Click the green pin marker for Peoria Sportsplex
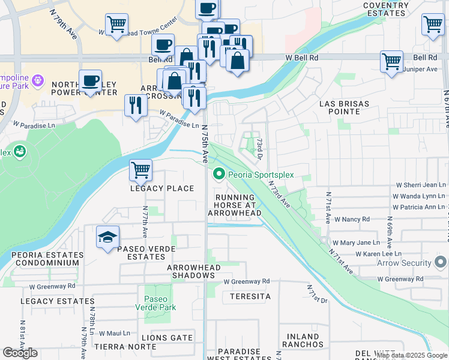(219, 175)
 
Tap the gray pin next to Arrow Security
(441, 263)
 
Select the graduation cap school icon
(107, 238)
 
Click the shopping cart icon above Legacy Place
(140, 170)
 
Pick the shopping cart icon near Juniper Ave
(391, 61)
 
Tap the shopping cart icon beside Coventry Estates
(433, 25)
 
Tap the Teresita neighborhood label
(246, 296)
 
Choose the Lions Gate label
(172, 338)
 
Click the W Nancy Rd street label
(352, 220)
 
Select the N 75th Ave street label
(205, 145)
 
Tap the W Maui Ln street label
(115, 333)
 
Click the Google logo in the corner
(20, 353)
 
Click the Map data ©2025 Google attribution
(411, 355)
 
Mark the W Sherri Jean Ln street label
(420, 186)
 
